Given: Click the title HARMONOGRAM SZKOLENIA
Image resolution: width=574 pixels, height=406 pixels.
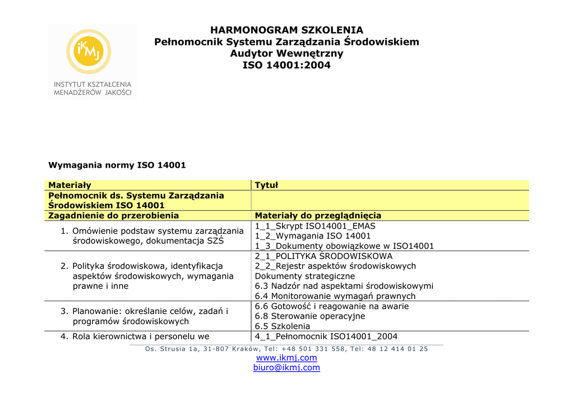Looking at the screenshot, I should pyautogui.click(x=286, y=30).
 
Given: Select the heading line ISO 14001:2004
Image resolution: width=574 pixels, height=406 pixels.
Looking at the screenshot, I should pyautogui.click(x=286, y=66).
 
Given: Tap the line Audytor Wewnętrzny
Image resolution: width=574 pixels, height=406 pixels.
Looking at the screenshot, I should pyautogui.click(x=286, y=54).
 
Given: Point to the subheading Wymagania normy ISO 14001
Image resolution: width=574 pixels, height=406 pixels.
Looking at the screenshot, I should pyautogui.click(x=117, y=165).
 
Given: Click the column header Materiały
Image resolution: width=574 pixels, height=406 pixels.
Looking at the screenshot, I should pyautogui.click(x=70, y=185).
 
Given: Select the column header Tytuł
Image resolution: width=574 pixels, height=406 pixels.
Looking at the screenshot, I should pyautogui.click(x=266, y=185).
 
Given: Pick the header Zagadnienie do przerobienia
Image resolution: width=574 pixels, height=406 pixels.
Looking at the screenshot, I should pyautogui.click(x=113, y=215).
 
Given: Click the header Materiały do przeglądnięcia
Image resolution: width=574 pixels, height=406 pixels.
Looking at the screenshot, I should pyautogui.click(x=318, y=215).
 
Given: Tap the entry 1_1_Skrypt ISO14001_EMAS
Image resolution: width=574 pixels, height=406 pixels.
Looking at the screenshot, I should pyautogui.click(x=315, y=226).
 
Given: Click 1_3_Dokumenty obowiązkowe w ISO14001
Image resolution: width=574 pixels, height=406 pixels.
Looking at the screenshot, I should pyautogui.click(x=344, y=246).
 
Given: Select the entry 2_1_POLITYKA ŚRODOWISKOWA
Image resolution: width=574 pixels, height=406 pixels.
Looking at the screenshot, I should pyautogui.click(x=323, y=256).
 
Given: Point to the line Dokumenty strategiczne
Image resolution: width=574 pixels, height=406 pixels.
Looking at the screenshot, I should pyautogui.click(x=305, y=276).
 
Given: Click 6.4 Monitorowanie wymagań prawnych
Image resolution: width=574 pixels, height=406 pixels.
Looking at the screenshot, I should pyautogui.click(x=335, y=296).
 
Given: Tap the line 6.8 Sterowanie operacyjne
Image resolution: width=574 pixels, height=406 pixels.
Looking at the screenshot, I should pyautogui.click(x=310, y=316).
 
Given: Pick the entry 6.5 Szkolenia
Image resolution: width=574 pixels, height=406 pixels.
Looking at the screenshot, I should pyautogui.click(x=283, y=326).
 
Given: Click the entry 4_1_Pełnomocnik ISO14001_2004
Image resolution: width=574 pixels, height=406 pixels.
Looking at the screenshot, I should pyautogui.click(x=326, y=336).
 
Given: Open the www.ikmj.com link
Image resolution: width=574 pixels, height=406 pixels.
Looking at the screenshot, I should pyautogui.click(x=286, y=358).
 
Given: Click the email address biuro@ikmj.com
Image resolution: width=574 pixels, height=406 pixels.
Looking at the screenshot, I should pyautogui.click(x=286, y=368).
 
